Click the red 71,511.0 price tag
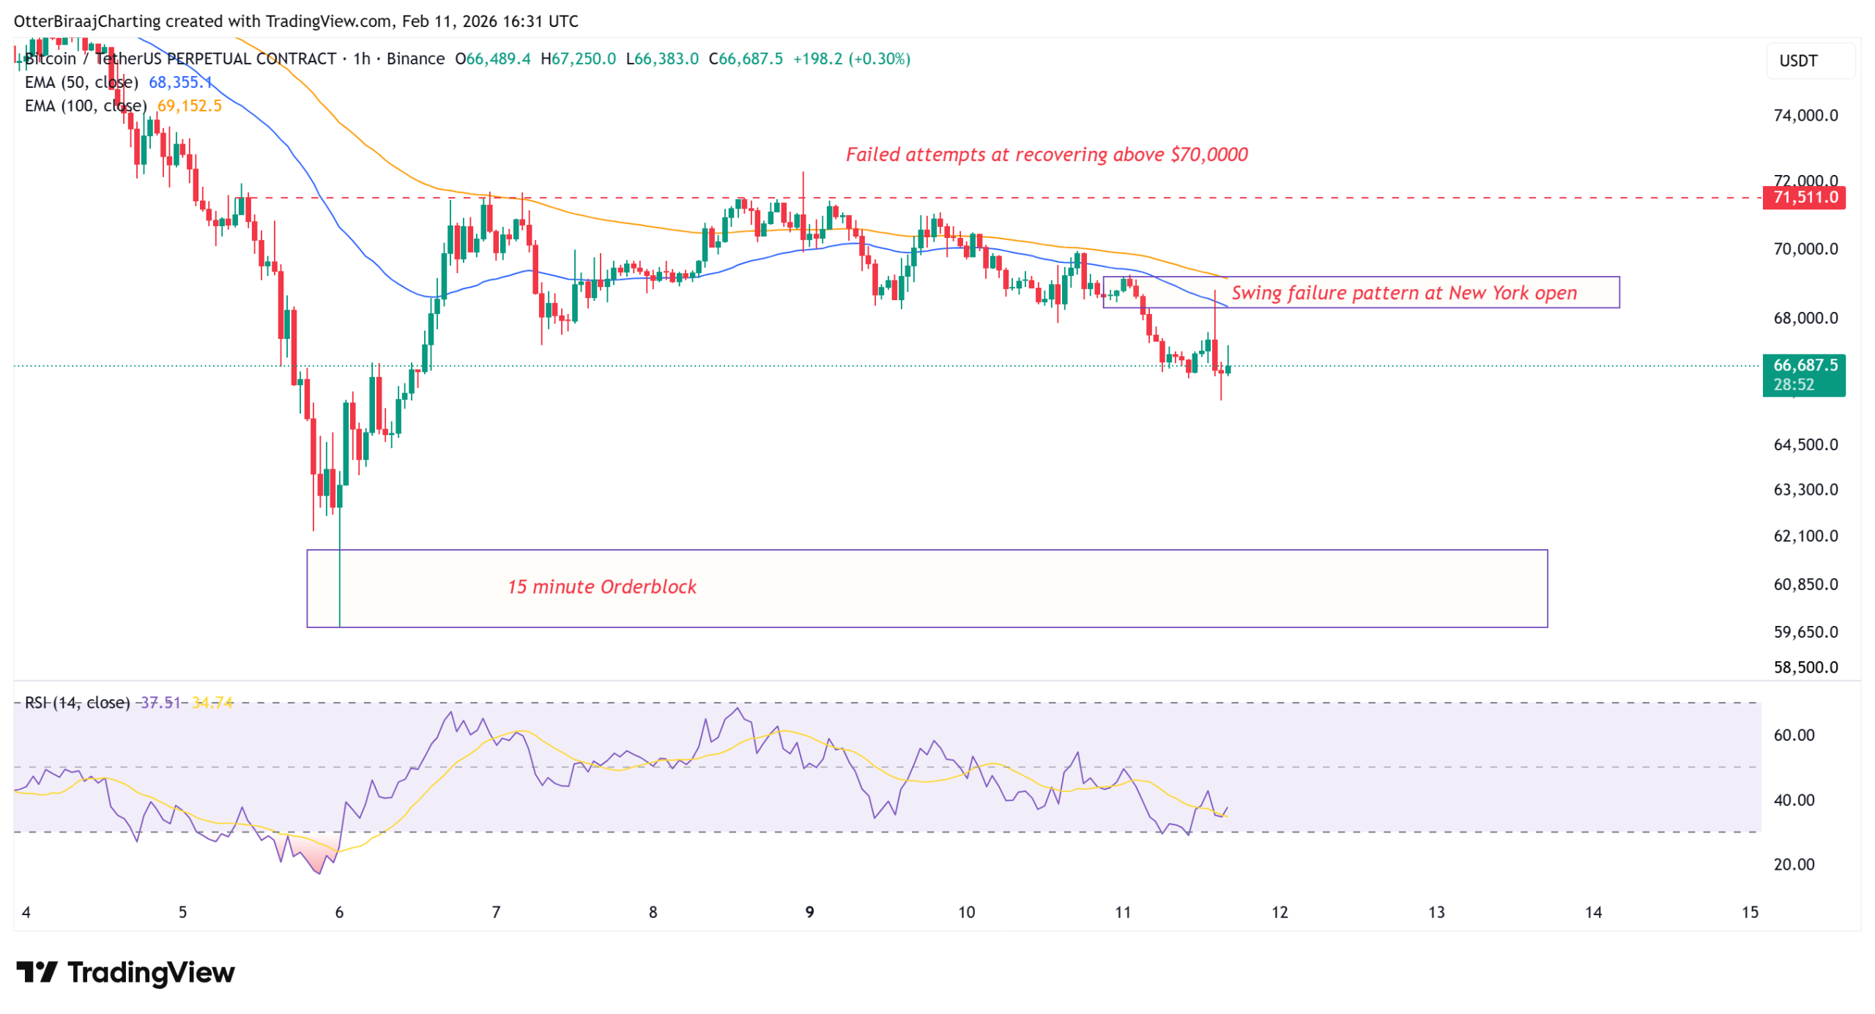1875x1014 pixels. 1803,197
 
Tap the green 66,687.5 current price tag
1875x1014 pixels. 1803,365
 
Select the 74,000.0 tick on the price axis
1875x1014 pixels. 1805,115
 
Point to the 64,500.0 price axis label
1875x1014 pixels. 1805,444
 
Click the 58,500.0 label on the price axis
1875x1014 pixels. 1805,667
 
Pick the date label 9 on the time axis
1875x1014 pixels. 809,912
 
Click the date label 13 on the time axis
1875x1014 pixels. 1436,912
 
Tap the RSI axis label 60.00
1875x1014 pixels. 1793,735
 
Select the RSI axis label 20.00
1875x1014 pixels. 1793,865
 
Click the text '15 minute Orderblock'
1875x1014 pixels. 601,587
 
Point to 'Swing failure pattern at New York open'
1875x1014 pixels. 1403,293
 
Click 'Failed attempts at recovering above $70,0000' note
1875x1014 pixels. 1047,154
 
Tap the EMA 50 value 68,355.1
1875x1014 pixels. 180,82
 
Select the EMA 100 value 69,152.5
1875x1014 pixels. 189,105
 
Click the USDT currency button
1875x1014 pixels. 1798,61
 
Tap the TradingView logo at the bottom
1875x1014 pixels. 125,972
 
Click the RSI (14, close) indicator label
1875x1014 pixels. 77,703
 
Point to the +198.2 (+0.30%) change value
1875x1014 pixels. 851,59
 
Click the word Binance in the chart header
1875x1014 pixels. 415,59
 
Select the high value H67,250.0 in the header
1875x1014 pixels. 578,59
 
